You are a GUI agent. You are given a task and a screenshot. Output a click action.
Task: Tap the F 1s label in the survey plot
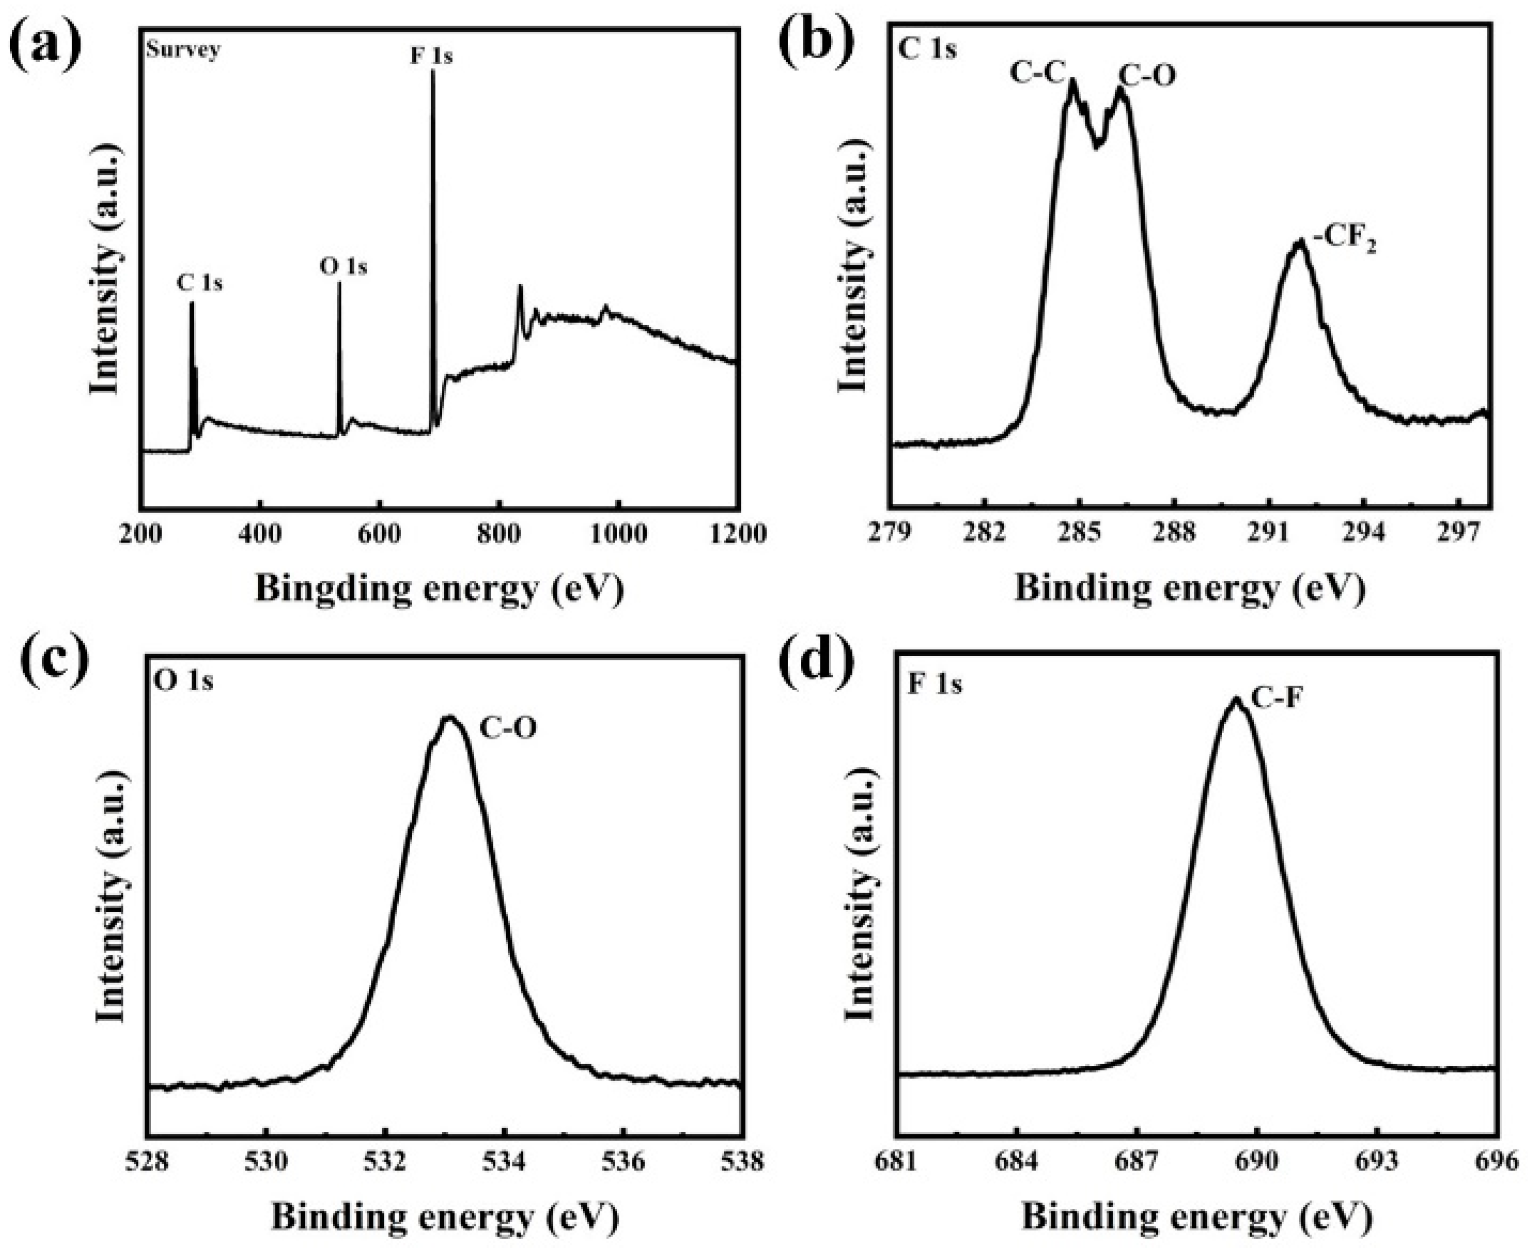point(431,56)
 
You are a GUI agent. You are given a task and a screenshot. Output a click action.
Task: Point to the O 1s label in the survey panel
point(343,267)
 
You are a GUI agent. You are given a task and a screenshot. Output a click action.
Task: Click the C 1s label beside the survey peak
point(200,283)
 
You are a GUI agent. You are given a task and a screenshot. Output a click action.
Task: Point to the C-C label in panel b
point(1036,73)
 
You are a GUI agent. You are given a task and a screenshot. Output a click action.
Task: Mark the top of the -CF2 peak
point(1299,243)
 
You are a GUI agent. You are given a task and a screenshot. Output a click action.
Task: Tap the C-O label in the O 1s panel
point(508,729)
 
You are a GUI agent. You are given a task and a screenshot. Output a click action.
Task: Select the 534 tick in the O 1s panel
point(504,1161)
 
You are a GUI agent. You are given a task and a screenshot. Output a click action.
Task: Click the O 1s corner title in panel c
point(184,680)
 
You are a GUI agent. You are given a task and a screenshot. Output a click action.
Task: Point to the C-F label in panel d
point(1277,698)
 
